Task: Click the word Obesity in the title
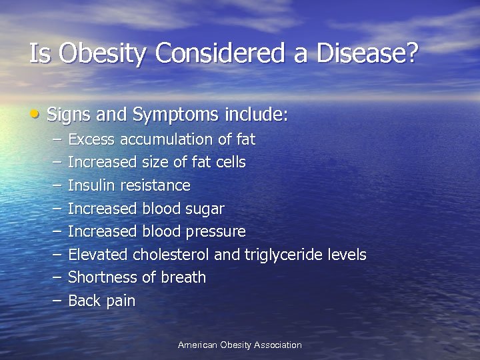pyautogui.click(x=97, y=53)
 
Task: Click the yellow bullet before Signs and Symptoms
pyautogui.click(x=35, y=114)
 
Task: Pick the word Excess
pyautogui.click(x=91, y=139)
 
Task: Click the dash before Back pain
pyautogui.click(x=55, y=301)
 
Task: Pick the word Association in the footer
pyautogui.click(x=275, y=345)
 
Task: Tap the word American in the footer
pyautogui.click(x=197, y=345)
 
